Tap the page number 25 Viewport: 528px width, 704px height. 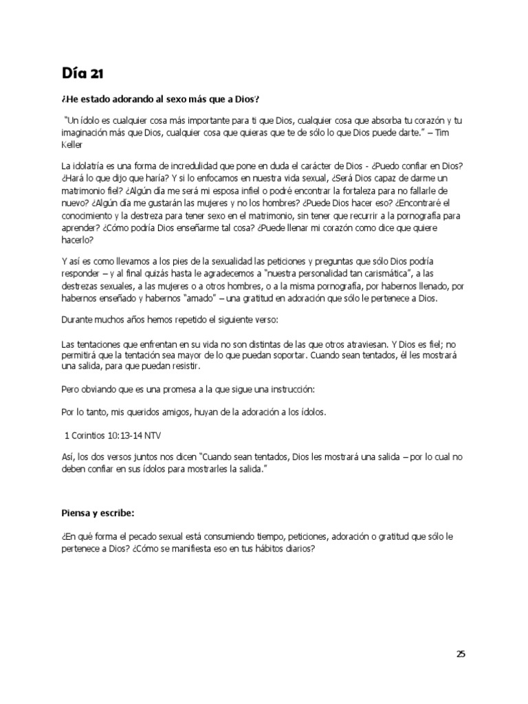pos(461,654)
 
